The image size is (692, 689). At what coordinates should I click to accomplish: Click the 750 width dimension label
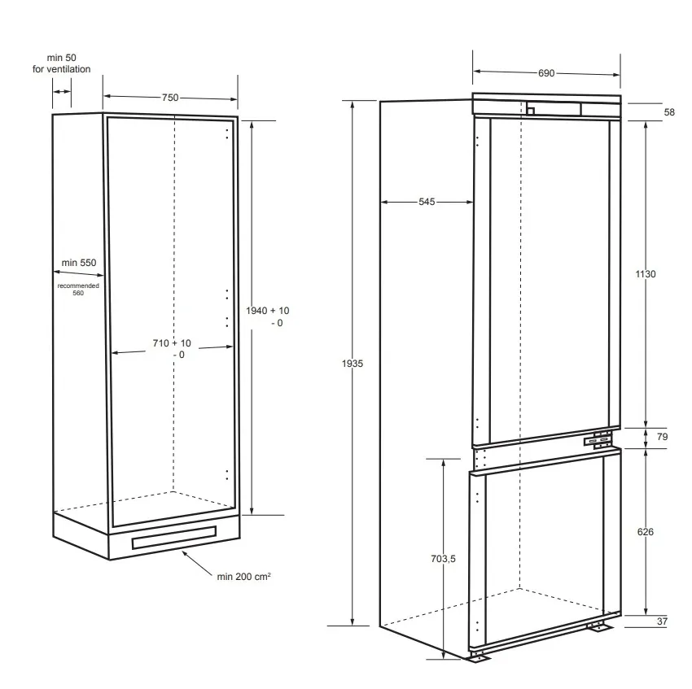(x=170, y=98)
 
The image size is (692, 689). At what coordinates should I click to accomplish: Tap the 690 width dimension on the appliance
(x=546, y=73)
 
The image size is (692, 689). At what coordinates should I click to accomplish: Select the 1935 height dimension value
(x=353, y=364)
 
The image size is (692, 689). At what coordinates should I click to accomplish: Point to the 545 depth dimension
(x=427, y=202)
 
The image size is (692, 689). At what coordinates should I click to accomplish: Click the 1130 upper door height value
(x=646, y=274)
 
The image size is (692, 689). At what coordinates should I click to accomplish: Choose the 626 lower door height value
(x=646, y=532)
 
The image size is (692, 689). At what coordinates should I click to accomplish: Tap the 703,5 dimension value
(x=443, y=558)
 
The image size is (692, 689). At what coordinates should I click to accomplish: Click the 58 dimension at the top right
(x=669, y=112)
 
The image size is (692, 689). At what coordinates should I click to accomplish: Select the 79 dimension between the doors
(x=662, y=437)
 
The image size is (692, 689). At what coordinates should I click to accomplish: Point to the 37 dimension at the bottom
(x=662, y=621)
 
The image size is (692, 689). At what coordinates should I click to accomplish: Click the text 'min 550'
(x=78, y=263)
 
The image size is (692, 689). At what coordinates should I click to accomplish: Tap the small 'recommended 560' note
(x=78, y=290)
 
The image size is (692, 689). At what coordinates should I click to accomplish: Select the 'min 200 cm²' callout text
(x=243, y=577)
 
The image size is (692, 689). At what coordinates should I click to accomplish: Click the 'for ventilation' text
(x=61, y=69)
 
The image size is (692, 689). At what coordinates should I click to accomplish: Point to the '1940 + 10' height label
(x=268, y=311)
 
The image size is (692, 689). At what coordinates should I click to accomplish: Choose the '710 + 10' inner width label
(x=172, y=343)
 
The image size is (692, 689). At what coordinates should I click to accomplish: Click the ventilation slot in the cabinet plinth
(x=174, y=537)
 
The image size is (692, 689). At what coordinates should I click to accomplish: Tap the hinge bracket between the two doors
(x=598, y=441)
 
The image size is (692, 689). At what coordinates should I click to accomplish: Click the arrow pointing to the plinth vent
(x=197, y=563)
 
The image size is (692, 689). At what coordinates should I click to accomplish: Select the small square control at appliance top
(x=531, y=111)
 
